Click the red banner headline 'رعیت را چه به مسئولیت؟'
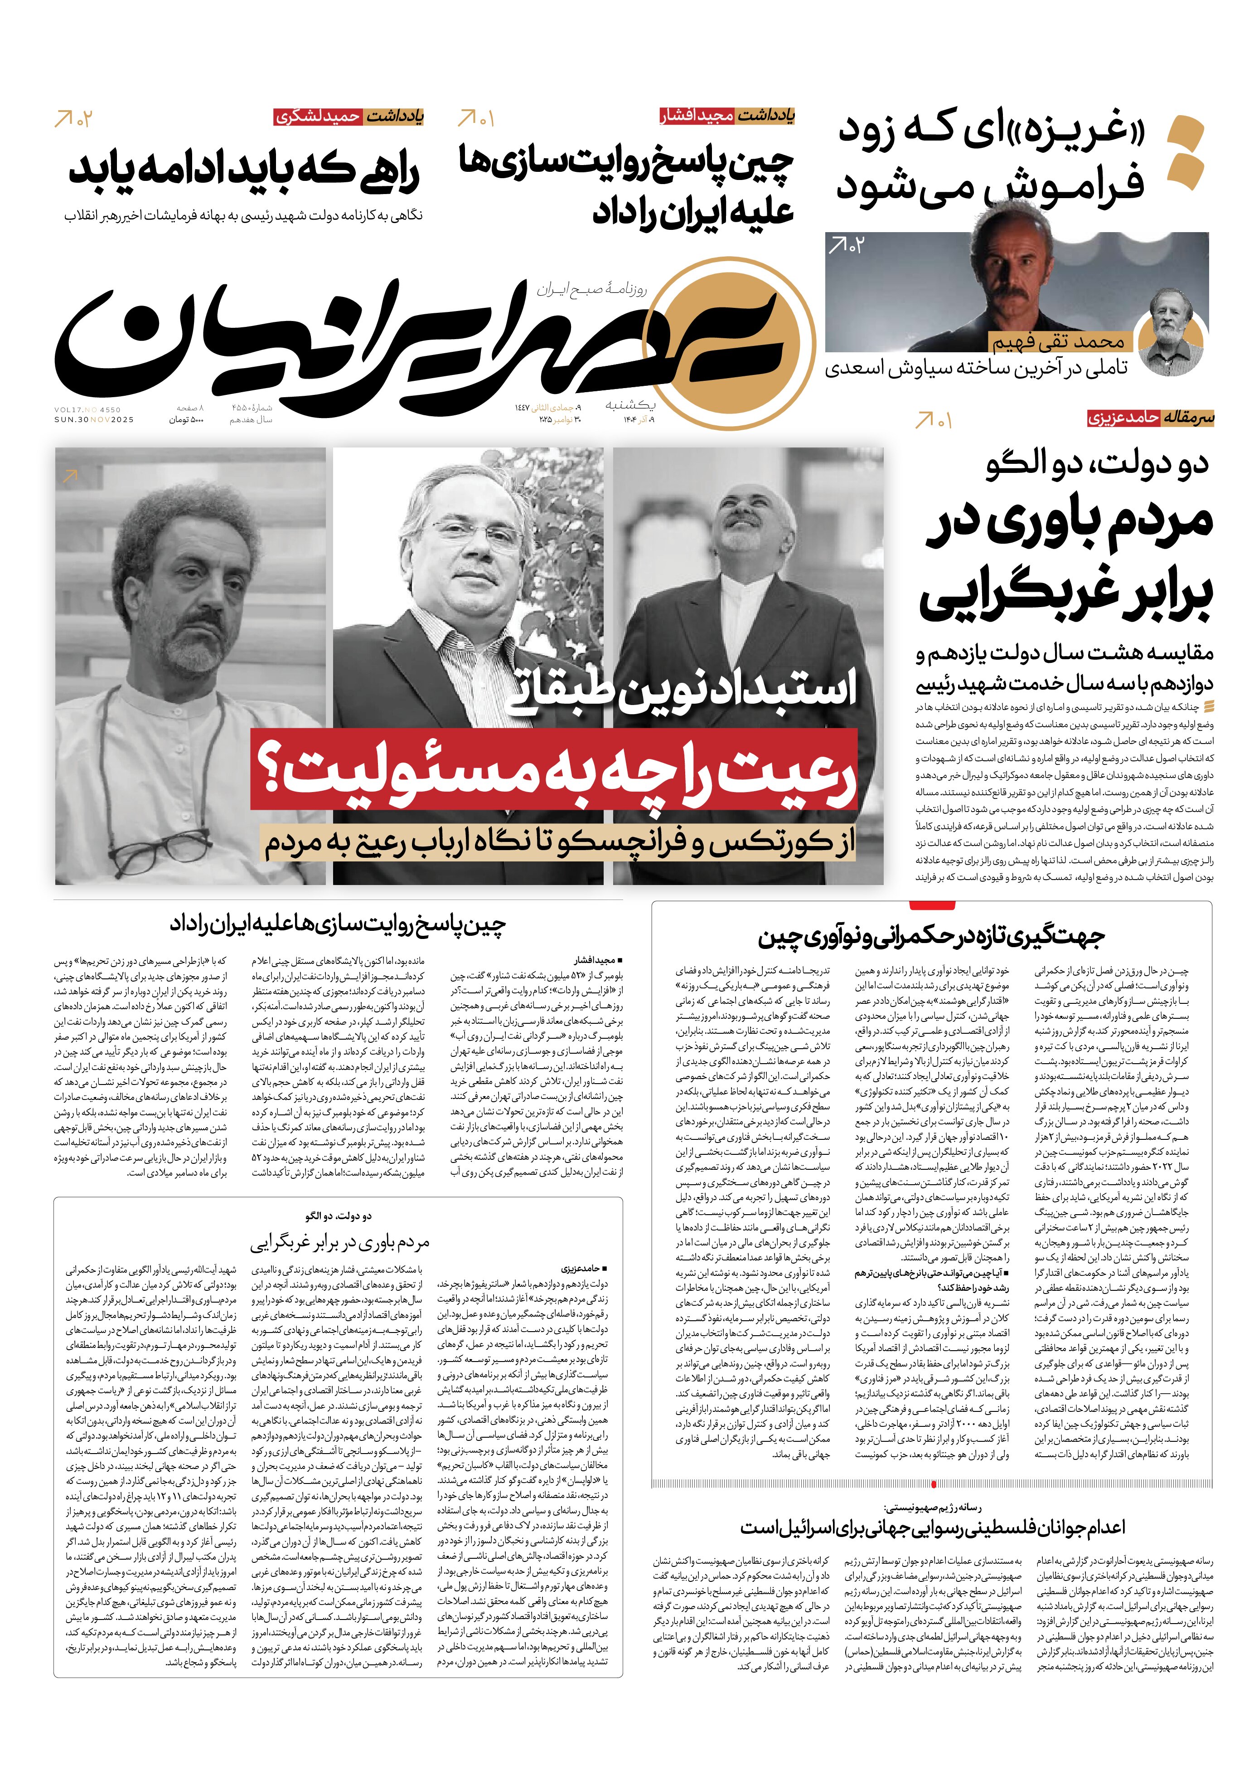click(x=553, y=770)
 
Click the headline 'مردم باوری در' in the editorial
click(x=1069, y=522)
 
